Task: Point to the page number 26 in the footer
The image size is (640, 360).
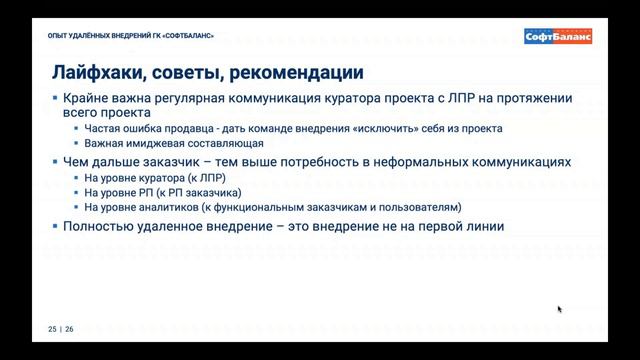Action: (x=69, y=328)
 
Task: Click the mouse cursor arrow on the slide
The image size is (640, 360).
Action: (x=559, y=309)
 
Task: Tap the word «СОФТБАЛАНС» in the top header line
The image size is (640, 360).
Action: (x=186, y=38)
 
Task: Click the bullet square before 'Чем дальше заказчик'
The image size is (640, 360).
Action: (x=56, y=161)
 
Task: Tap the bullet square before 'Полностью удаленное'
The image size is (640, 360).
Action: (x=56, y=226)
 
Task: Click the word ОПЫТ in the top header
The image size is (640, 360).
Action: (x=57, y=38)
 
